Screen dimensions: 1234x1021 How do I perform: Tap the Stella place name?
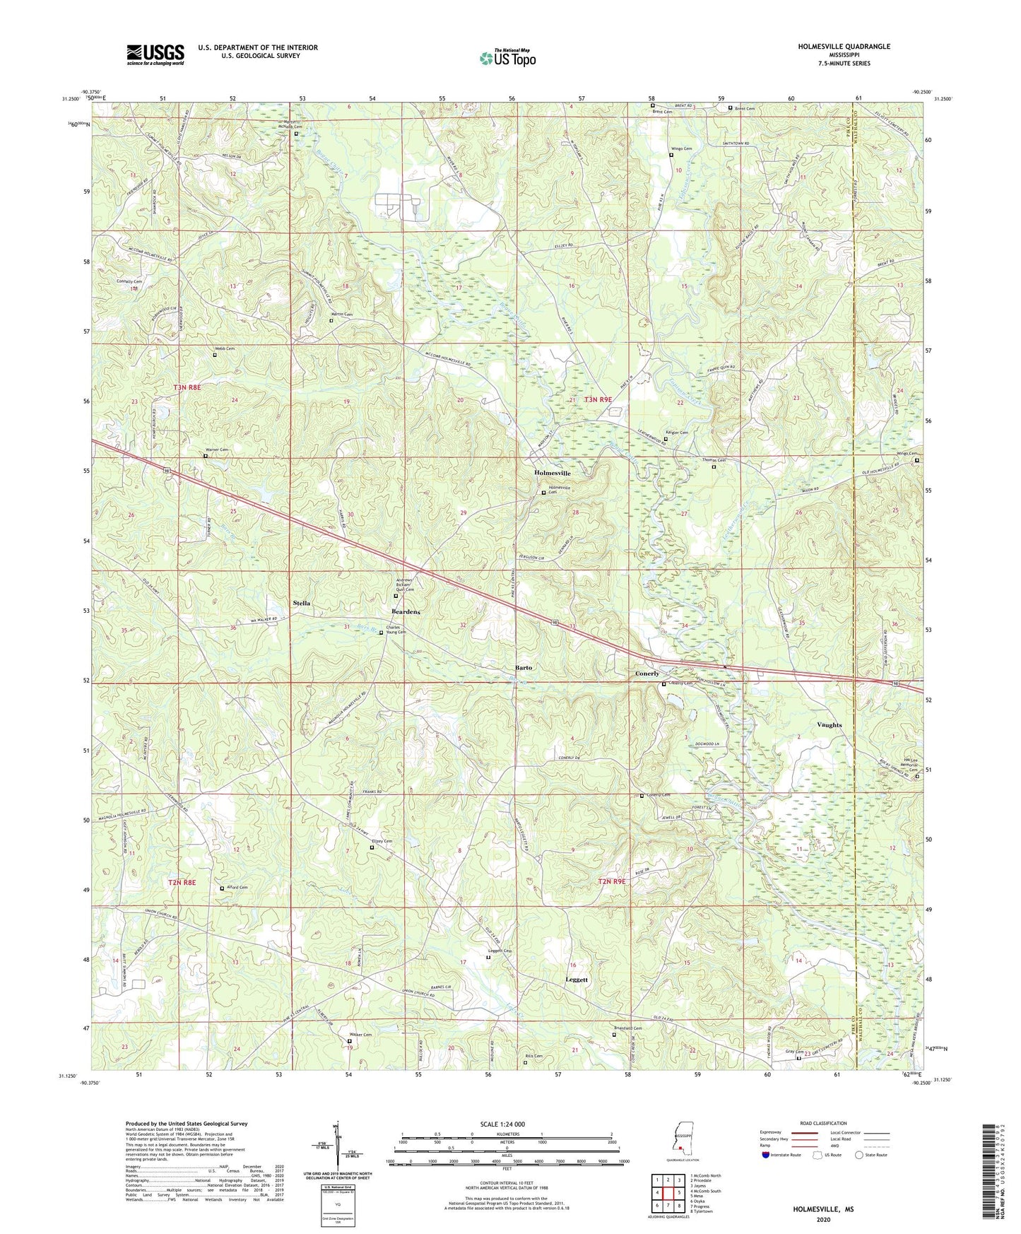(x=302, y=603)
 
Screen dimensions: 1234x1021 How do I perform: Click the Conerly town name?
(x=647, y=674)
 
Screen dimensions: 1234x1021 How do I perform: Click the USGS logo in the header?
(x=155, y=54)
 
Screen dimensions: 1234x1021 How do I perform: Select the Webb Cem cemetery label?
(x=225, y=348)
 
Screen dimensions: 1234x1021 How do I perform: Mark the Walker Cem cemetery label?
(x=360, y=1035)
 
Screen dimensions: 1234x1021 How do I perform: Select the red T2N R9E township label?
(x=612, y=881)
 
